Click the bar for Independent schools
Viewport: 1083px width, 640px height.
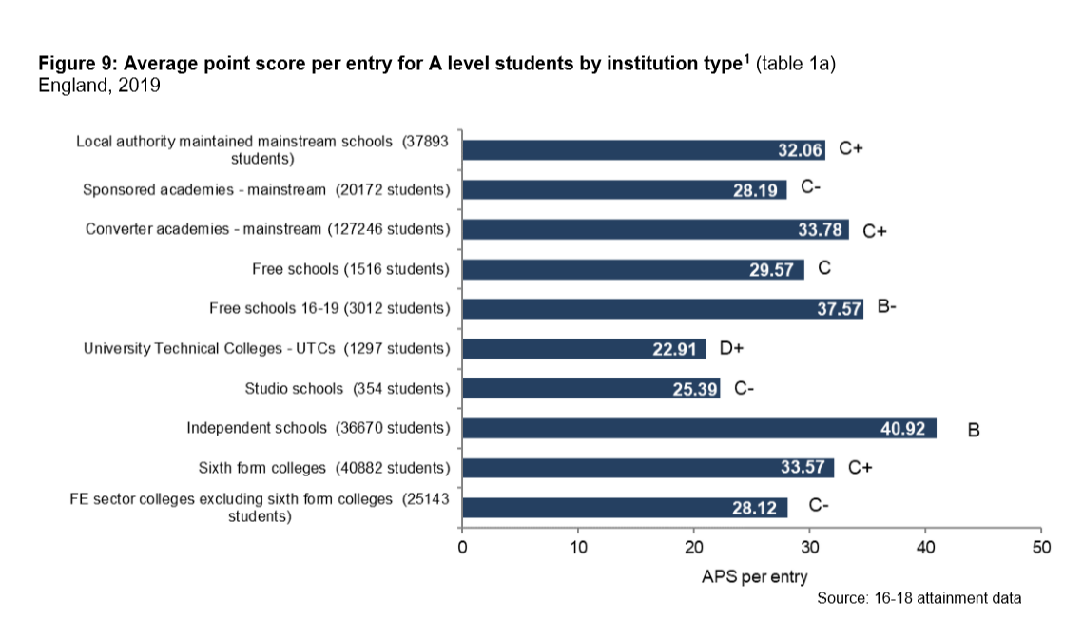point(699,428)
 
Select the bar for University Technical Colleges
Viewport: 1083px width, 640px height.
point(583,348)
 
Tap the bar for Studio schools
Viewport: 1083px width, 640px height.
point(590,388)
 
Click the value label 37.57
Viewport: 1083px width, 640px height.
point(838,309)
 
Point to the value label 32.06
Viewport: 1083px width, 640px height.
point(800,149)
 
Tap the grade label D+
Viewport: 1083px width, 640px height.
point(730,348)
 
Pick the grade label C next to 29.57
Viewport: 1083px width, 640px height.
point(824,268)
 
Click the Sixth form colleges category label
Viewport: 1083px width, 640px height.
point(323,468)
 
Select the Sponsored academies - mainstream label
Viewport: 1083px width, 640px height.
point(265,189)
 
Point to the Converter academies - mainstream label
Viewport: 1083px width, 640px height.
point(267,229)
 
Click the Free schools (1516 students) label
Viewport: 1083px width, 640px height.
point(350,269)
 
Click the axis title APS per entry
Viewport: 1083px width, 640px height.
point(755,576)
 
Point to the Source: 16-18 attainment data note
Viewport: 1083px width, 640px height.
point(919,598)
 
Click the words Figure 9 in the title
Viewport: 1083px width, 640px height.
point(77,64)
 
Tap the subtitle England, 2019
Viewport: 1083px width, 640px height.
point(98,85)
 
